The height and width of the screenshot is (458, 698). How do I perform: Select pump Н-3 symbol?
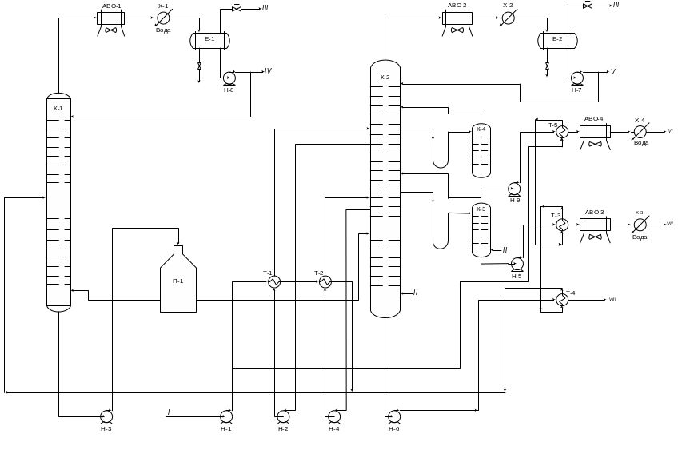[x=106, y=416]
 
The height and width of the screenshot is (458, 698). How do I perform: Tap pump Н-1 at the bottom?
[x=226, y=416]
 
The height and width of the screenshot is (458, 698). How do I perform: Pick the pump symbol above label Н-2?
[x=283, y=416]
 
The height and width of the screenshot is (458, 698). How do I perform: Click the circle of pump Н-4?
[x=334, y=416]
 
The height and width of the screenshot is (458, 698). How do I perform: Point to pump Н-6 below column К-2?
[x=394, y=416]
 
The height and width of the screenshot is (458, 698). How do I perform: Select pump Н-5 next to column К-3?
[x=517, y=264]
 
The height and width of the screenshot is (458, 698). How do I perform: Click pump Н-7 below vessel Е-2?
[x=577, y=78]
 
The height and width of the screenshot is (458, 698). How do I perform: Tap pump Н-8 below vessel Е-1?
[x=229, y=78]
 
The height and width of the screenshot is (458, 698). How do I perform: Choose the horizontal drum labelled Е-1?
[x=209, y=40]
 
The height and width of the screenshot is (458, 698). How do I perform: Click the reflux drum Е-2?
[x=557, y=40]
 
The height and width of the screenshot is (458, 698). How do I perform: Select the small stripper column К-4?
[x=481, y=150]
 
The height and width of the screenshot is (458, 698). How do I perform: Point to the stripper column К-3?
[x=481, y=230]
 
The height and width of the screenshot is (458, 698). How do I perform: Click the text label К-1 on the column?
[x=58, y=108]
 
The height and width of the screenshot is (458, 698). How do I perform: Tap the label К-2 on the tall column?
[x=385, y=78]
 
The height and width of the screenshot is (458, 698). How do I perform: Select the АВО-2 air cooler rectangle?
[x=457, y=18]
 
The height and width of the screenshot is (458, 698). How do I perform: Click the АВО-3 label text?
[x=594, y=213]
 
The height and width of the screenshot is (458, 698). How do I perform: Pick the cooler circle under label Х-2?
[x=508, y=18]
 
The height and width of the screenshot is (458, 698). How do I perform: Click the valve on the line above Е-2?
[x=588, y=6]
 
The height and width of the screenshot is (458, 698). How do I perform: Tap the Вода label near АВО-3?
[x=640, y=237]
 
